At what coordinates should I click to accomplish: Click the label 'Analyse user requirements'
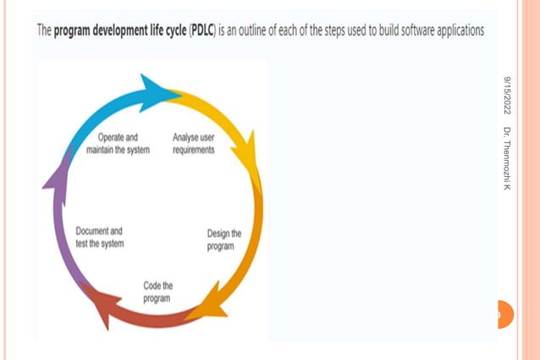[193, 143]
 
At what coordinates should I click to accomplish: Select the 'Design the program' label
[224, 240]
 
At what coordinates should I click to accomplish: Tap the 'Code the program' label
[157, 292]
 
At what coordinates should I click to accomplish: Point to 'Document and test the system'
[99, 237]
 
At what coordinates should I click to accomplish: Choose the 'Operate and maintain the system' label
[118, 143]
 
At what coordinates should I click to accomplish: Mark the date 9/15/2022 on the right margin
[505, 95]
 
